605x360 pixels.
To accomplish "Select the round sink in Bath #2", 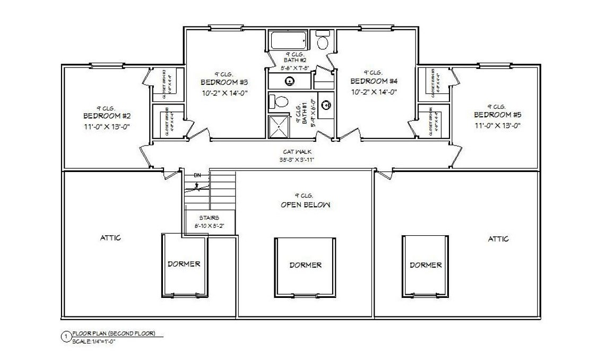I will tap(290, 81).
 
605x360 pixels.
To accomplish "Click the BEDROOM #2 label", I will tap(107, 116).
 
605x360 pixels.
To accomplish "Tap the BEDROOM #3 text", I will tap(224, 82).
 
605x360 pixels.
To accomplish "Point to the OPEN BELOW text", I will tap(305, 205).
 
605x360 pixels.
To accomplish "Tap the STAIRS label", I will tap(209, 218).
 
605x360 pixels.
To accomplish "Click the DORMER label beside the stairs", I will tap(184, 263).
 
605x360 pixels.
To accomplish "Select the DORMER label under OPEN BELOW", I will tap(305, 265).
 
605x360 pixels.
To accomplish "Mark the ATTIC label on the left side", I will tap(110, 238).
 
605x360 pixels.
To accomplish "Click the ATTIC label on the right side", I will tap(498, 239).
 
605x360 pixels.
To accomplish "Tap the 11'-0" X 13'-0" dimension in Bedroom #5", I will tap(497, 126).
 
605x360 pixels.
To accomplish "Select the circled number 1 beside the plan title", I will tap(66, 336).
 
